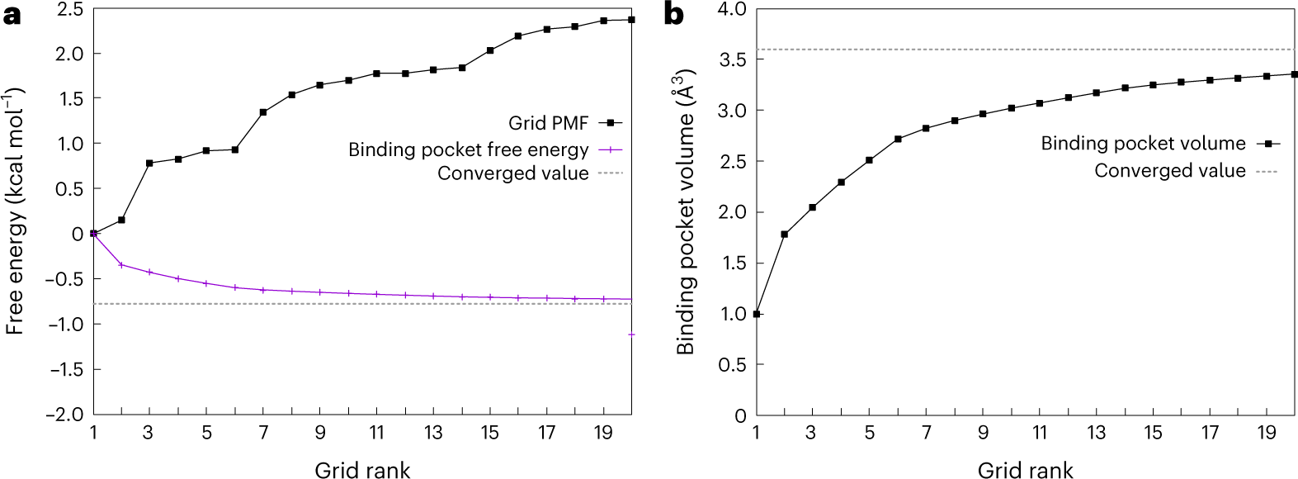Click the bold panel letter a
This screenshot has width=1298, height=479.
(12, 15)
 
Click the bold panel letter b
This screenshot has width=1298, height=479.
(674, 15)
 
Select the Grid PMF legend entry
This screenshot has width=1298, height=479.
(549, 123)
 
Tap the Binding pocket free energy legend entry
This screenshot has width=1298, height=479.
(468, 149)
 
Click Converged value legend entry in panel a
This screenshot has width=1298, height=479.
(512, 173)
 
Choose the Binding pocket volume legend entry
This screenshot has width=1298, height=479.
(1143, 144)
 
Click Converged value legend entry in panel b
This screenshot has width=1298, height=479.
(1169, 171)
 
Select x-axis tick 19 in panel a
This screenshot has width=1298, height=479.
(603, 433)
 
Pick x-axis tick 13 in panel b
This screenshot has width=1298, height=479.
(1096, 433)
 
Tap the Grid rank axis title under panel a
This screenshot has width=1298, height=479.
(362, 470)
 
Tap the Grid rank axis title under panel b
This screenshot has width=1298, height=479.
(1025, 470)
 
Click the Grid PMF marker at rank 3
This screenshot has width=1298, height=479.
(149, 163)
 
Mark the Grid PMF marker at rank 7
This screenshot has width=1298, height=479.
(263, 112)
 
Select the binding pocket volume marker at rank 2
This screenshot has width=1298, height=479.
(784, 235)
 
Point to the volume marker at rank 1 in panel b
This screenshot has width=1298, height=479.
(756, 314)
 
